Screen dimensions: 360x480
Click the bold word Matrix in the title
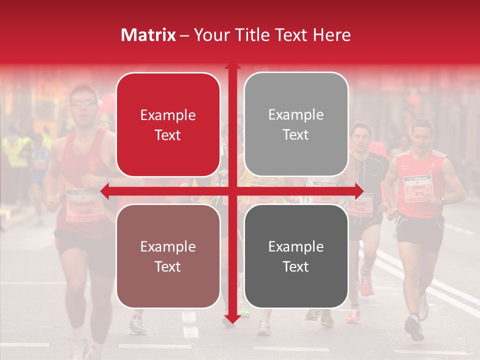(148, 35)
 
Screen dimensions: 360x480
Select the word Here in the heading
(331, 35)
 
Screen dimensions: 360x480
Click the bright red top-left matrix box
(168, 124)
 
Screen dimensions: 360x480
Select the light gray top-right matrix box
(296, 124)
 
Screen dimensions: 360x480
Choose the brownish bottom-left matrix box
(168, 256)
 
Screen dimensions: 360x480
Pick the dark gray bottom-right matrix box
(296, 256)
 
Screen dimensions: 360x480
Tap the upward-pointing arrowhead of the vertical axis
(232, 66)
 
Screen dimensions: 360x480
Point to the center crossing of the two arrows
(232, 191)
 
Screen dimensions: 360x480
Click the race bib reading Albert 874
(417, 188)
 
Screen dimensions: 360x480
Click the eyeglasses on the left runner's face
(83, 103)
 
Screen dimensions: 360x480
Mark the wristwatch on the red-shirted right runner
(442, 199)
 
